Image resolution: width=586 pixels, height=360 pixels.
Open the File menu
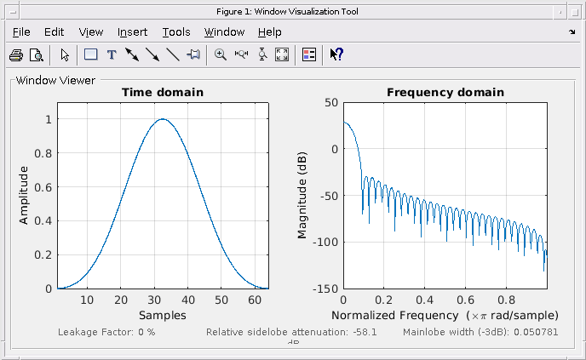click(21, 32)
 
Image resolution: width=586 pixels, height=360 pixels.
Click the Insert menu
click(132, 32)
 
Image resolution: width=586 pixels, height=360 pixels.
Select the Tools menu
click(176, 32)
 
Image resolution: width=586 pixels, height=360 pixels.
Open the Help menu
click(269, 32)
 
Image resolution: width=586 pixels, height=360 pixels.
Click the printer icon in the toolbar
click(16, 54)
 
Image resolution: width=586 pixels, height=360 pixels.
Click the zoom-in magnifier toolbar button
click(221, 54)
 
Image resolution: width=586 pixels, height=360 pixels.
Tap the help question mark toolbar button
click(336, 54)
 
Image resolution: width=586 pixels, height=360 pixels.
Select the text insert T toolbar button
click(112, 54)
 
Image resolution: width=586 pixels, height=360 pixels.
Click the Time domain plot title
click(163, 92)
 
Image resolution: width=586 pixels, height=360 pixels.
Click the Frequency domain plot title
click(445, 92)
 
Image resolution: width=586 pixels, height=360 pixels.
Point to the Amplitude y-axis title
click(24, 195)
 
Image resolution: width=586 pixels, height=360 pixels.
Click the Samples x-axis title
click(163, 315)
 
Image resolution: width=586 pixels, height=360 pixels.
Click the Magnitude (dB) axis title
click(302, 196)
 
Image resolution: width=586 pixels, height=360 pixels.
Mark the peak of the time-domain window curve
click(163, 119)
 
